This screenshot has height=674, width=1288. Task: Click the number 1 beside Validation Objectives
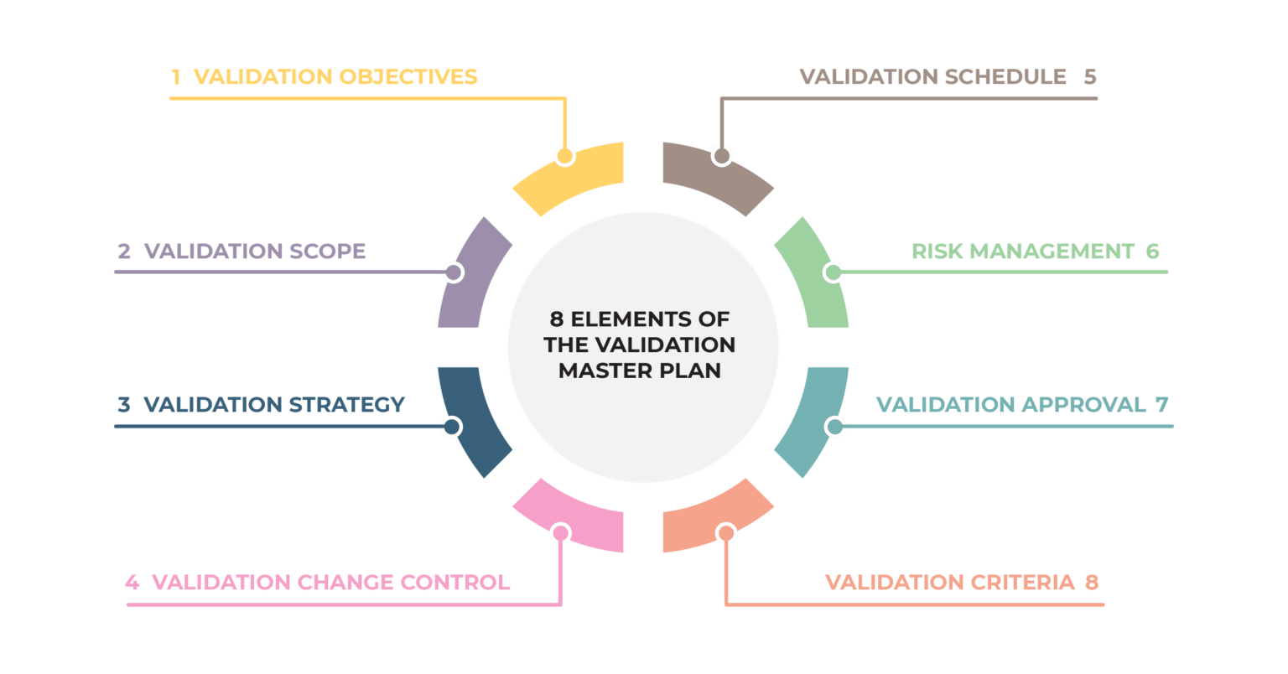pos(176,77)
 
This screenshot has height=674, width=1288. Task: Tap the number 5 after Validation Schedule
pos(1089,77)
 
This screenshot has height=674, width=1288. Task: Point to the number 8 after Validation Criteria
pos(1092,582)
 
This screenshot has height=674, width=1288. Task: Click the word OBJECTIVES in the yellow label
pos(408,77)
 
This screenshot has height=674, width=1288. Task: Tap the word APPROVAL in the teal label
pos(1083,405)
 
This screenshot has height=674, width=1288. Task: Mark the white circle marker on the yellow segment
pos(565,156)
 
